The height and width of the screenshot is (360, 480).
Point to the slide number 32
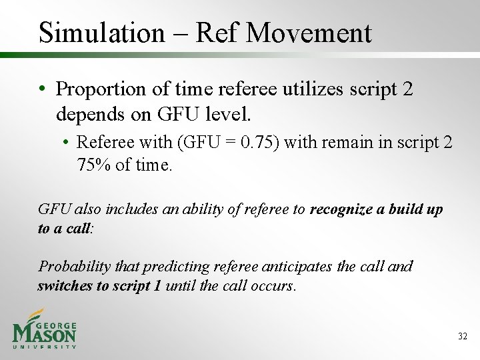point(463,337)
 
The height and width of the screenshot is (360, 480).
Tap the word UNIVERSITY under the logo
point(44,347)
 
